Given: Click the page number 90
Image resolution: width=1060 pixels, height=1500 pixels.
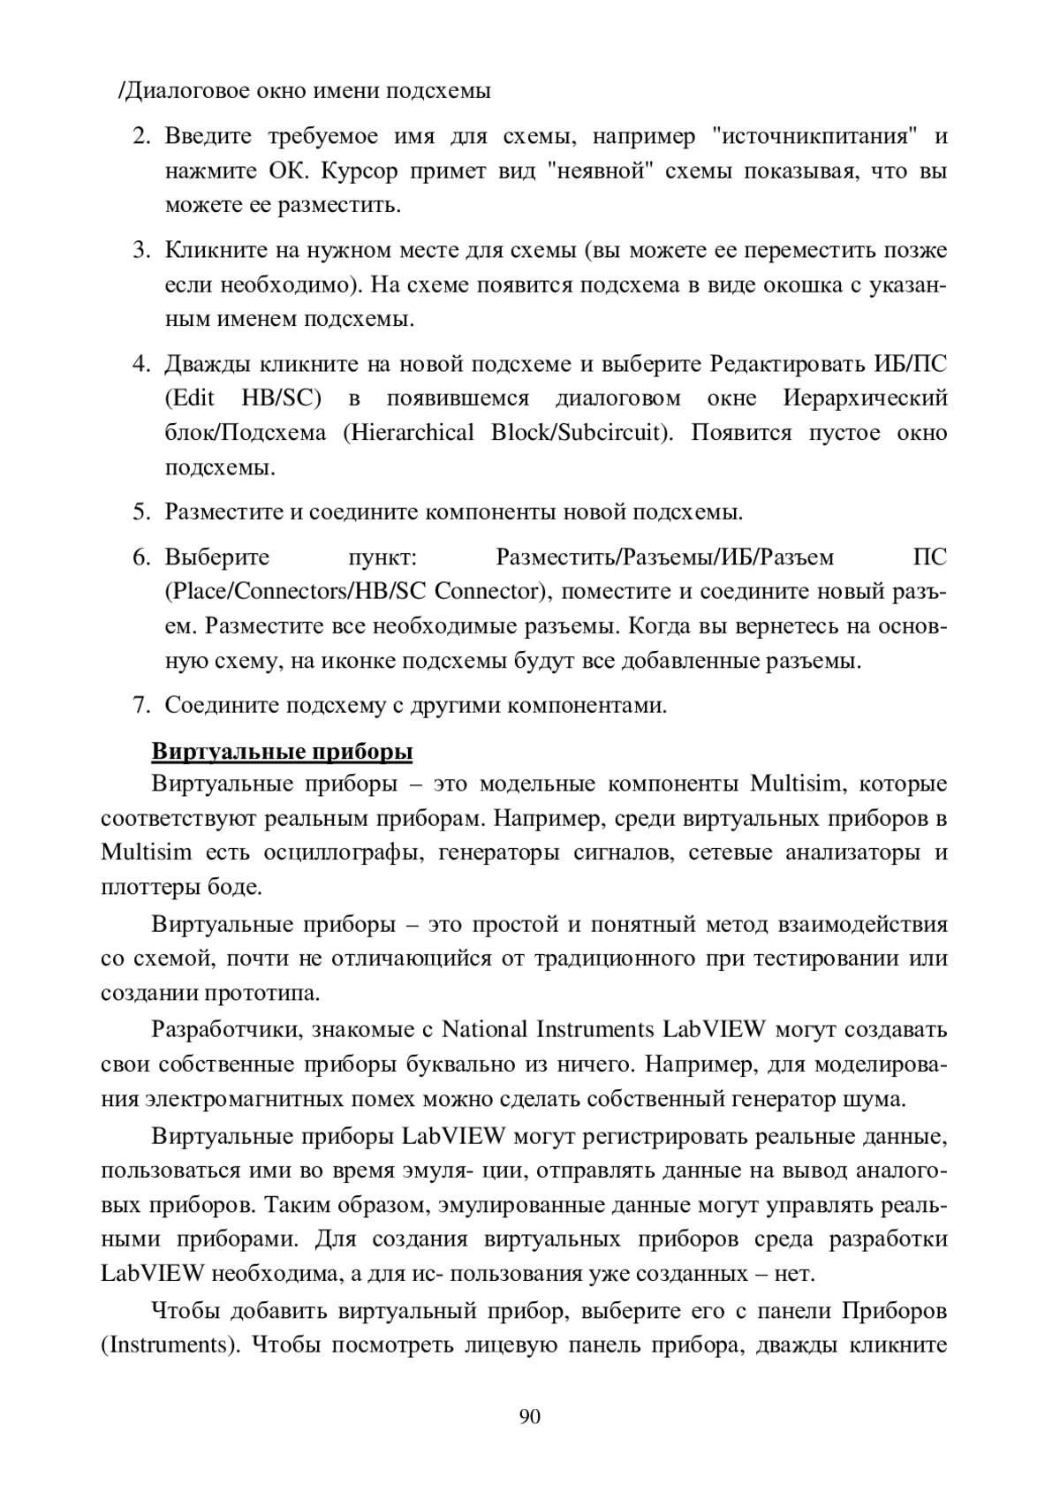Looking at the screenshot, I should tap(530, 1417).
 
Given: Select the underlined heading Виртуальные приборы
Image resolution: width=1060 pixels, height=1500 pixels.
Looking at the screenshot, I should tap(283, 752).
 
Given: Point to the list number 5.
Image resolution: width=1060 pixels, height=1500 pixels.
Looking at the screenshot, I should tap(140, 511).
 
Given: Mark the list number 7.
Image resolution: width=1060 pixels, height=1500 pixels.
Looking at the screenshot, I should tap(140, 705).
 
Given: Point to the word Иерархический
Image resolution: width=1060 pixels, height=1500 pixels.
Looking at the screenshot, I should tap(866, 398).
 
